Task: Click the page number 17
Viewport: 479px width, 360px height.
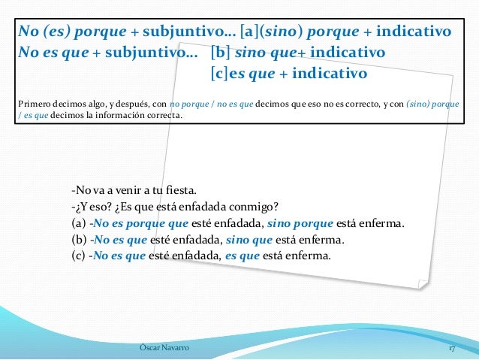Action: click(453, 349)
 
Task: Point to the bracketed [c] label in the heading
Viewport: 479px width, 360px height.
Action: click(220, 74)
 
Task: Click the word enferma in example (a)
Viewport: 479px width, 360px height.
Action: click(380, 224)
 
